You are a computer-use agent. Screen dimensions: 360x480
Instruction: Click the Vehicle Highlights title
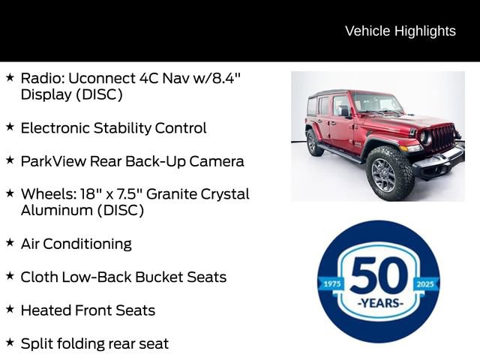point(400,31)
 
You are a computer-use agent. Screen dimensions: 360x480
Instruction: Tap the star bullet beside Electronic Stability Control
point(10,127)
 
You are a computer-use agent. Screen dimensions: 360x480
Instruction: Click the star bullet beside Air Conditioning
point(10,243)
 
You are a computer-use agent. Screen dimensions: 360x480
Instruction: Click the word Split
point(36,343)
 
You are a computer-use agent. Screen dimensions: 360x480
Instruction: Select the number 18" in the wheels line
point(87,193)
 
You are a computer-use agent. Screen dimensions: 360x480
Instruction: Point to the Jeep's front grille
point(442,137)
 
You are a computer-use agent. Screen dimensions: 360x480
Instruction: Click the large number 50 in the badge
point(379,275)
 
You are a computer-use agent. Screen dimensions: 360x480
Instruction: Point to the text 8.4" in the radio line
point(224,77)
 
